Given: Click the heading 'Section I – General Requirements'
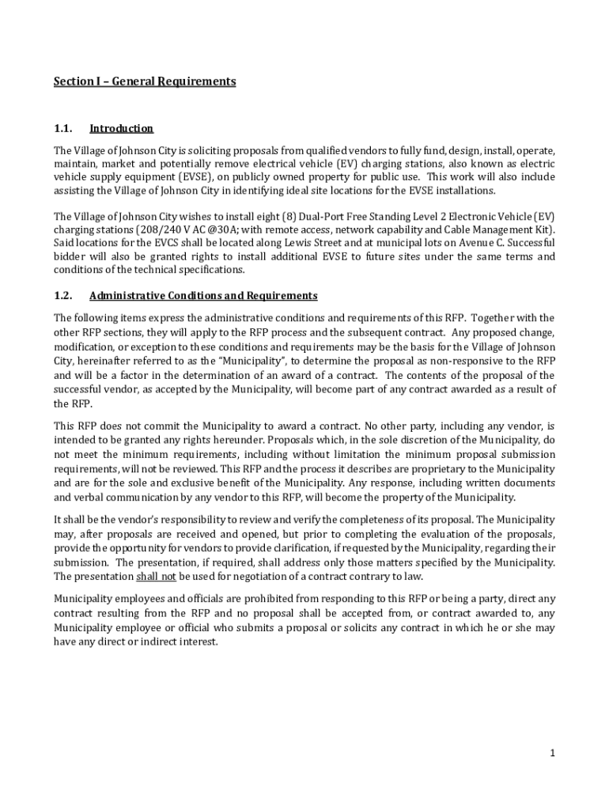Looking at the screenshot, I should (145, 81).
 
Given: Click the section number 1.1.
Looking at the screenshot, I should (63, 129).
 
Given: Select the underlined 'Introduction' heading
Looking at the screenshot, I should (121, 129).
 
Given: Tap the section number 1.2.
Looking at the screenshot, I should (63, 296).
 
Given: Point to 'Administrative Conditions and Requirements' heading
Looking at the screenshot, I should (203, 296).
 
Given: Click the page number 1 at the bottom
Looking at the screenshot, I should (553, 753).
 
